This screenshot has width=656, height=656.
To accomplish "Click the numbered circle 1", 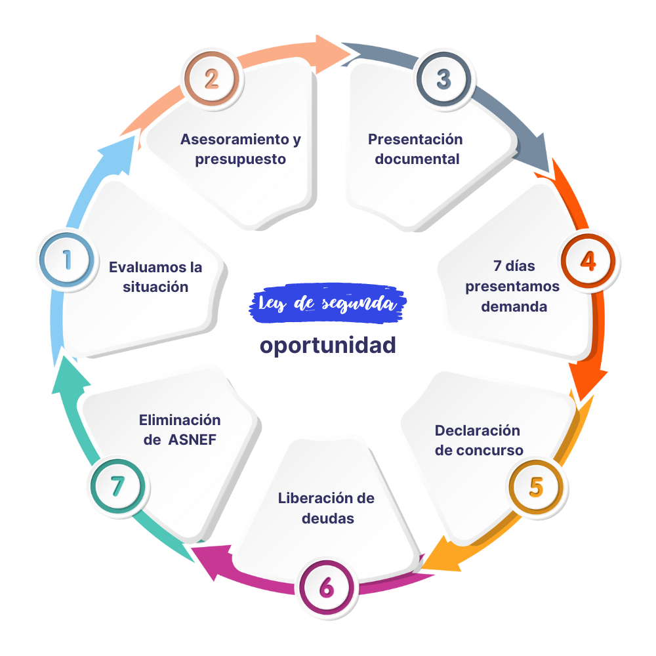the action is [66, 260].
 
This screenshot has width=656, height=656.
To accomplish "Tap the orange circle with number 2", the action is [212, 79].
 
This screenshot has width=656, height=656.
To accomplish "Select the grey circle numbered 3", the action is [444, 79].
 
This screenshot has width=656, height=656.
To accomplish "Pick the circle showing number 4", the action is [588, 261].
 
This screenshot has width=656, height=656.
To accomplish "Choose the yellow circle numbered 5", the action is [536, 487].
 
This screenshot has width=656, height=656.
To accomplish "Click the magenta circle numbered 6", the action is [327, 587].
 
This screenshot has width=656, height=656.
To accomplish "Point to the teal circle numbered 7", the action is [117, 486].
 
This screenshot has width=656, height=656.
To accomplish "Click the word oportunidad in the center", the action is [327, 346].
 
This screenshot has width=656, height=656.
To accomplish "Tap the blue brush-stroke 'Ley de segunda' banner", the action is [327, 303].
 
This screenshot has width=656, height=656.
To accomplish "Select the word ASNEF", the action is [192, 440].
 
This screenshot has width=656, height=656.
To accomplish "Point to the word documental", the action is [417, 159].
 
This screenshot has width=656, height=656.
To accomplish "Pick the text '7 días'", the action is [514, 266].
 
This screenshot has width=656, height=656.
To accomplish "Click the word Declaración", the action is [478, 430].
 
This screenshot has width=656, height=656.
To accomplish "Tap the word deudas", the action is [328, 518].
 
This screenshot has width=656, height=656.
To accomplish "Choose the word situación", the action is [155, 287].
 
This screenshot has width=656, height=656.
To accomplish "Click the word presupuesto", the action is [241, 160].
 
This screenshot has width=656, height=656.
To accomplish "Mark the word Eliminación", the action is [180, 420].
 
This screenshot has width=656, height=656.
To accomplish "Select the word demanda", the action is [514, 306].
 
